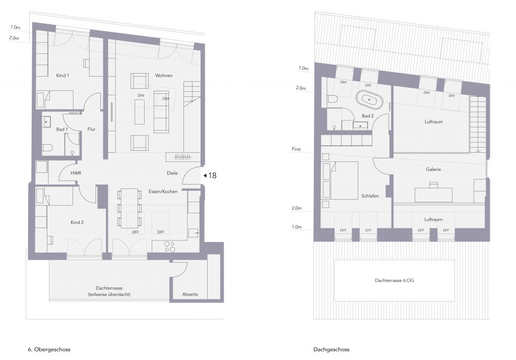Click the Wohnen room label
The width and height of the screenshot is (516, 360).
pos(164,76)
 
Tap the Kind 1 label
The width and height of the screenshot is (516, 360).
pos(62,76)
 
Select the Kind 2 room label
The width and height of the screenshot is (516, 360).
pos(77,222)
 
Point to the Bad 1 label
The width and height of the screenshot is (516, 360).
pos(62,129)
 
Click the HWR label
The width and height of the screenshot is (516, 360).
pos(76,173)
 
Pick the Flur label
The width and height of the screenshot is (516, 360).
pos(91,129)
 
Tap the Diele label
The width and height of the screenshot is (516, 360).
pos(172,173)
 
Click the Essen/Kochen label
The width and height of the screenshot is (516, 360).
pos(163,192)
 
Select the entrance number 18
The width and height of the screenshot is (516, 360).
pos(212,175)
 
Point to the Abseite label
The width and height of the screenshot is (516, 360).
pos(190,294)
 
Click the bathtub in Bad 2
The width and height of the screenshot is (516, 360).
pos(369,99)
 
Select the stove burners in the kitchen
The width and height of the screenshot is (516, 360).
pos(170,247)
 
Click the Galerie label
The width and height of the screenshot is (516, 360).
pos(433,169)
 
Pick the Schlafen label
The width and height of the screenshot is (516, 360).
pos(370,196)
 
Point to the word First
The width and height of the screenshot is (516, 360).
pos(296,149)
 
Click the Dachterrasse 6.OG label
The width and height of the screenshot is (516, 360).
pos(395,281)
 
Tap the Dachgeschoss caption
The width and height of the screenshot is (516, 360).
pos(332,349)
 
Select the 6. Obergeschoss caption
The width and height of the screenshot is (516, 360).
pos(49,349)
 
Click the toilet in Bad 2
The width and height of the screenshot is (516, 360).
pos(333,99)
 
